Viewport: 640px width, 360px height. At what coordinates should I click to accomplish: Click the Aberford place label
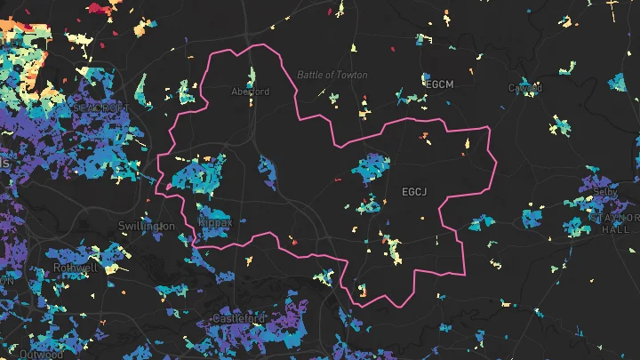click(250, 92)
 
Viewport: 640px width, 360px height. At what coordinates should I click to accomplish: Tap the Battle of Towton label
click(332, 75)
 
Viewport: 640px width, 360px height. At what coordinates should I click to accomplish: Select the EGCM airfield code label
click(440, 84)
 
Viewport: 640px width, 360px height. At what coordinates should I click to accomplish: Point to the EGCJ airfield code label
click(415, 191)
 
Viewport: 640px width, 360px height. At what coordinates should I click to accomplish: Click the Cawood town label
click(524, 88)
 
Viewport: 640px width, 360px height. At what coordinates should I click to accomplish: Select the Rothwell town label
click(73, 267)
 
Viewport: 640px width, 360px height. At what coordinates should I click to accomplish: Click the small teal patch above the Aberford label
click(251, 76)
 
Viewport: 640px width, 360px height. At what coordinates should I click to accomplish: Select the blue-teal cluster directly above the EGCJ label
click(372, 167)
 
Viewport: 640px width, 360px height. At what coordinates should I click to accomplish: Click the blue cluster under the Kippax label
click(212, 235)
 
